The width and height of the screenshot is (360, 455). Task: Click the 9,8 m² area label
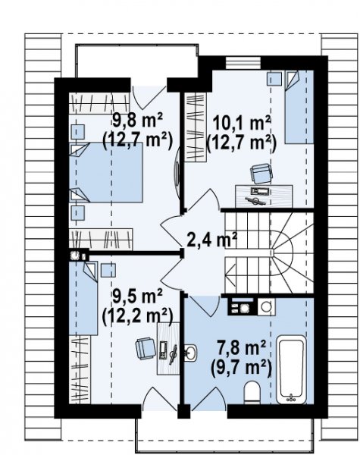[x=137, y=121]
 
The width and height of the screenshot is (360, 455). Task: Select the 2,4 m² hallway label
[x=212, y=240]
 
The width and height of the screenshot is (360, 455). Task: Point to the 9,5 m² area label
[x=137, y=297]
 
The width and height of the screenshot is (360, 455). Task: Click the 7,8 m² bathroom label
[x=241, y=348]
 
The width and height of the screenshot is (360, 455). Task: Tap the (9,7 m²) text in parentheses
[x=241, y=368]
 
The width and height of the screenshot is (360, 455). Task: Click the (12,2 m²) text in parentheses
[x=137, y=315]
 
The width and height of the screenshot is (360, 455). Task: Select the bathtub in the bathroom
[x=291, y=370]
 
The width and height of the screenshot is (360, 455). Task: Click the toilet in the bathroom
[x=252, y=392]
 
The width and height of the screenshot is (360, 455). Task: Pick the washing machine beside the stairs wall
[x=266, y=306]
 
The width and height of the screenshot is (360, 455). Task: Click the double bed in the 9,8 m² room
[x=106, y=172]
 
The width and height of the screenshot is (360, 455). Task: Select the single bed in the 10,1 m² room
[x=299, y=107]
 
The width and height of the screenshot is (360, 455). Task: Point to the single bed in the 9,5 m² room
[x=83, y=299]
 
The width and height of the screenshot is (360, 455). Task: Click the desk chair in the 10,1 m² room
[x=261, y=174]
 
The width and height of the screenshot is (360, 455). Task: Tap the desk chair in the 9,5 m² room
[x=146, y=348]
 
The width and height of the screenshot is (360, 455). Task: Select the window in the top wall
[x=243, y=63]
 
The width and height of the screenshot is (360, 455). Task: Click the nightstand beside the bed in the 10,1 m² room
[x=274, y=79]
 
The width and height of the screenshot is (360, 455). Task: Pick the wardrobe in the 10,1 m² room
[x=196, y=127]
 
